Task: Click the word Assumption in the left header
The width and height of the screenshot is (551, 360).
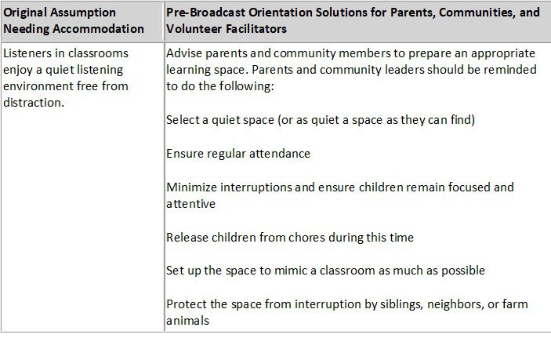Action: tap(83, 13)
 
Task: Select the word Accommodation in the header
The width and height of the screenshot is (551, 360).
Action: tap(98, 28)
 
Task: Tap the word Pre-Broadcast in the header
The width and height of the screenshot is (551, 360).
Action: tap(205, 13)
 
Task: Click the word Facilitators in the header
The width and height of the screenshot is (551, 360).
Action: tap(256, 28)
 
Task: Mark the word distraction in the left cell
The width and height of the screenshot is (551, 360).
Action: tap(34, 103)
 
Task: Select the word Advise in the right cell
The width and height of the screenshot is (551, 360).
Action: tap(183, 53)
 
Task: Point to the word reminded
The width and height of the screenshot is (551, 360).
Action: tap(510, 70)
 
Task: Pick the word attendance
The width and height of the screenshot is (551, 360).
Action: tap(280, 154)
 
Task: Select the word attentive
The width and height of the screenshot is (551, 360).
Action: tap(190, 204)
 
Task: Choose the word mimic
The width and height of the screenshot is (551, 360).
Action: tap(292, 271)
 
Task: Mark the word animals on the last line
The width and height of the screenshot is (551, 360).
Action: tap(187, 321)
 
